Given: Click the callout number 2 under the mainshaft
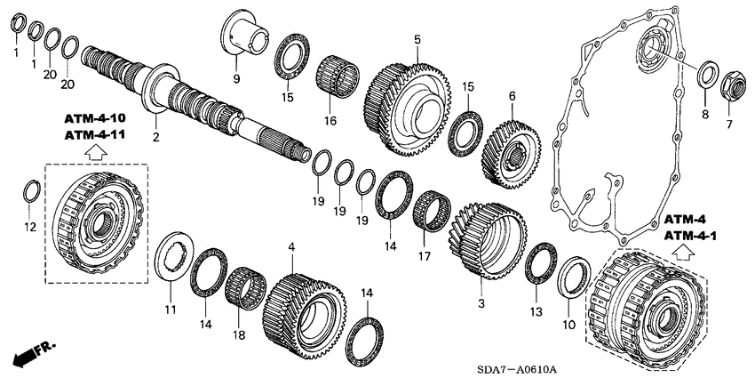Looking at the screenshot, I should click(x=156, y=136).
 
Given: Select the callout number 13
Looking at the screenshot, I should click(x=534, y=311).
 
